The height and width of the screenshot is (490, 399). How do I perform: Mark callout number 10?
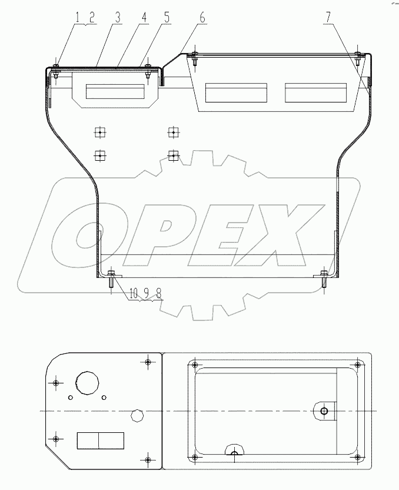click(132, 292)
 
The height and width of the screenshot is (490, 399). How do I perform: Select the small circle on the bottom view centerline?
click(137, 414)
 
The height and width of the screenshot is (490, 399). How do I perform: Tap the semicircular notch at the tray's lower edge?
click(234, 451)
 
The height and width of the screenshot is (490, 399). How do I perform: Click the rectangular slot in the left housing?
click(115, 91)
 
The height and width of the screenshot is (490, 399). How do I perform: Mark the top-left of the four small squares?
click(101, 133)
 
